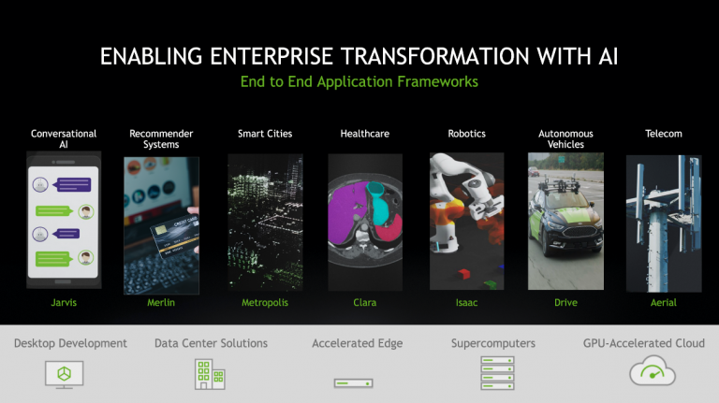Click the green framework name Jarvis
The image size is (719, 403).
pos(64,302)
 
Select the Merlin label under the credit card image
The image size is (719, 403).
pos(161,302)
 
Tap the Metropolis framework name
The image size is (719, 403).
pos(265,302)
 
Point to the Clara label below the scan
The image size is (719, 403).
pos(365,302)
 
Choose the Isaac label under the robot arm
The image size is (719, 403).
pos(467,302)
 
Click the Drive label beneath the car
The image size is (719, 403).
pos(565,302)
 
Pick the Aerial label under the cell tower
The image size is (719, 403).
pos(664,302)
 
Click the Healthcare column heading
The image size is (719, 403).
pos(365,134)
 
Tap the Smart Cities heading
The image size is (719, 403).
pos(265,134)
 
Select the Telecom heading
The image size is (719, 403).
pos(664,134)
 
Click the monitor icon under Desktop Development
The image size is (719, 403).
pos(65,375)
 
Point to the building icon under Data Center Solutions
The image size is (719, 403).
pos(210,374)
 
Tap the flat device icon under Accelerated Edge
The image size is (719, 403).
pos(354,382)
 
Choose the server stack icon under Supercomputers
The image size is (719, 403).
pos(497,373)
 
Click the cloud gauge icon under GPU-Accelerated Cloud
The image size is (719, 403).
pos(653,371)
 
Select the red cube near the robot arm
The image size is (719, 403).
pos(463,274)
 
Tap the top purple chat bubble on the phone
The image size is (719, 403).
pos(73,184)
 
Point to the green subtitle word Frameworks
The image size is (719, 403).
pos(437,81)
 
